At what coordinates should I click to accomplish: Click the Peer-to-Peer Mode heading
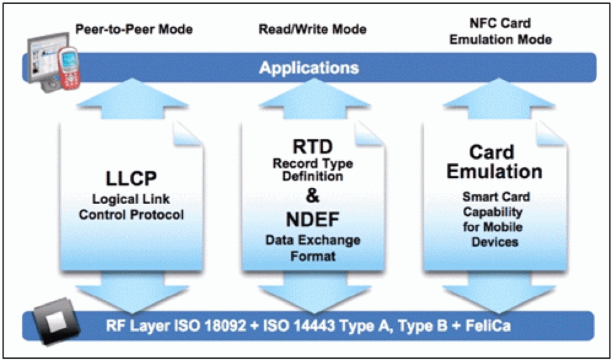coord(134,30)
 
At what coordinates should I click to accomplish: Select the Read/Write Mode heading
coord(312,30)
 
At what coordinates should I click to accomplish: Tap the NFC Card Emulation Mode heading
coord(500,31)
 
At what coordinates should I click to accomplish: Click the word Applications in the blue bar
coord(309,68)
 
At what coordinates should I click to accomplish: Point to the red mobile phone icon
coord(69,68)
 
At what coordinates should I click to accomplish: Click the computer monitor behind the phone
coord(42,58)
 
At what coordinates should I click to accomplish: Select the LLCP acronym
coord(131,179)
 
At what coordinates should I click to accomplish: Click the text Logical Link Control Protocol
coord(131,207)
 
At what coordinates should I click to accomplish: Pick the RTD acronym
coord(312,147)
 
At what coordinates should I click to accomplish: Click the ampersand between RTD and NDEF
coord(312,195)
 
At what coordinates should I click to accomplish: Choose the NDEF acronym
coord(312,220)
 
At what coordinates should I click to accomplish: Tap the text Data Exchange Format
coord(312,248)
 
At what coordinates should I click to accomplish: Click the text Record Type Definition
coord(312,170)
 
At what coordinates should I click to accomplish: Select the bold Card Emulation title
coord(494,162)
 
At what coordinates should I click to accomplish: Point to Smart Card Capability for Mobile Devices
coord(495,219)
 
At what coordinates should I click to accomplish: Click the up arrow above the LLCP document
coord(132,99)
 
